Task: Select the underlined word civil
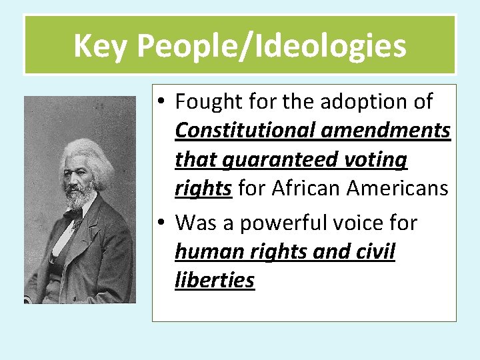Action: point(374,253)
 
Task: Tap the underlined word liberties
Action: point(215,281)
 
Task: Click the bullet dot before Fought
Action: point(162,103)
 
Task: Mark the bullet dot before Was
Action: point(162,223)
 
